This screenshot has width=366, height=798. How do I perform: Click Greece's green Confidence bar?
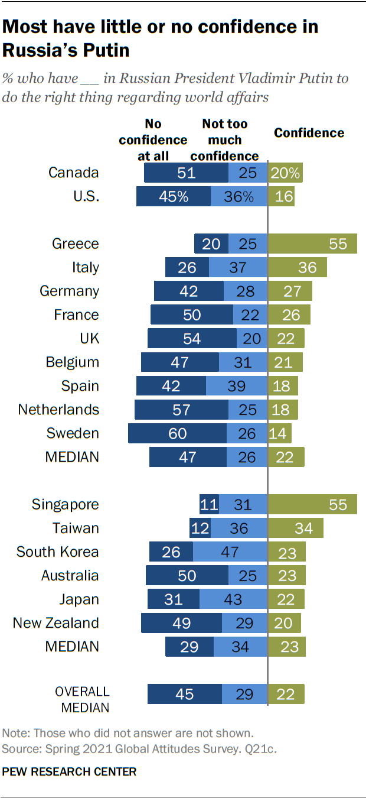[x=313, y=244]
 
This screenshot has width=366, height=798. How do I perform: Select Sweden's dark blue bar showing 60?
[x=177, y=433]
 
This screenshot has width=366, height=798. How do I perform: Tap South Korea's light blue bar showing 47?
[x=230, y=552]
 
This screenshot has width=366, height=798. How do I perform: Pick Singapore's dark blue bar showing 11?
[x=209, y=505]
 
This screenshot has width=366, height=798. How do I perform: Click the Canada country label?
[x=73, y=173]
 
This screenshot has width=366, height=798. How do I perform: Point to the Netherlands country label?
[x=58, y=410]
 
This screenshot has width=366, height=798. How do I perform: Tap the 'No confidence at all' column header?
[x=153, y=140]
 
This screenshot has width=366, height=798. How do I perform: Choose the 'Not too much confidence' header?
[x=224, y=140]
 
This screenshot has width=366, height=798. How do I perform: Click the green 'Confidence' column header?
[x=309, y=133]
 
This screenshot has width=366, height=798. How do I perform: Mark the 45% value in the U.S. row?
[x=173, y=197]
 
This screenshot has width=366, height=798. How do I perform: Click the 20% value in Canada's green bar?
[x=286, y=173]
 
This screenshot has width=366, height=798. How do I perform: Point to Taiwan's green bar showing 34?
[x=296, y=528]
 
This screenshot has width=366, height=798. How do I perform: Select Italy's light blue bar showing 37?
[x=238, y=268]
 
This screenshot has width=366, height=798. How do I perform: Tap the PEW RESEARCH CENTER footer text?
[x=69, y=771]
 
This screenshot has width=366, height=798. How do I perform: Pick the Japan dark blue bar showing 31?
[x=174, y=599]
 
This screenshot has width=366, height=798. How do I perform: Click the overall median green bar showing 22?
[x=286, y=694]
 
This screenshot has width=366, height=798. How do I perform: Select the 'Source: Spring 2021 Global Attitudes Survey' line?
[x=139, y=748]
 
